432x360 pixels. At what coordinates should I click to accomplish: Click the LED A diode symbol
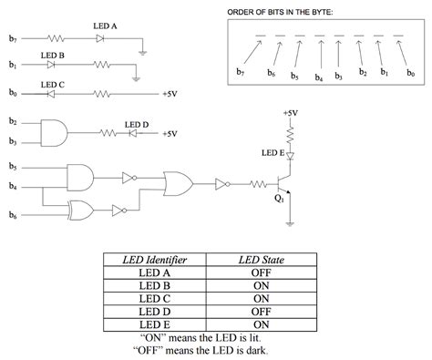(x=100, y=38)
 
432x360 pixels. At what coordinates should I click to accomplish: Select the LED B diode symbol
(x=51, y=65)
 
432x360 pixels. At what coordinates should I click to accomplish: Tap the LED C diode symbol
(x=51, y=94)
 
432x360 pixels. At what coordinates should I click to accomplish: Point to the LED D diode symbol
(x=133, y=133)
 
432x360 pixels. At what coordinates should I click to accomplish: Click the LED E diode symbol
(x=290, y=156)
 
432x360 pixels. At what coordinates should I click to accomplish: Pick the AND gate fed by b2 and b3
(x=54, y=133)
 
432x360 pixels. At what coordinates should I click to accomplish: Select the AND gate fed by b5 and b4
(x=80, y=178)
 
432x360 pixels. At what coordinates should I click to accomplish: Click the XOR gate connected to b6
(x=81, y=211)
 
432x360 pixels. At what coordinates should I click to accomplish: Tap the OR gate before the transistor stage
(x=179, y=184)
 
